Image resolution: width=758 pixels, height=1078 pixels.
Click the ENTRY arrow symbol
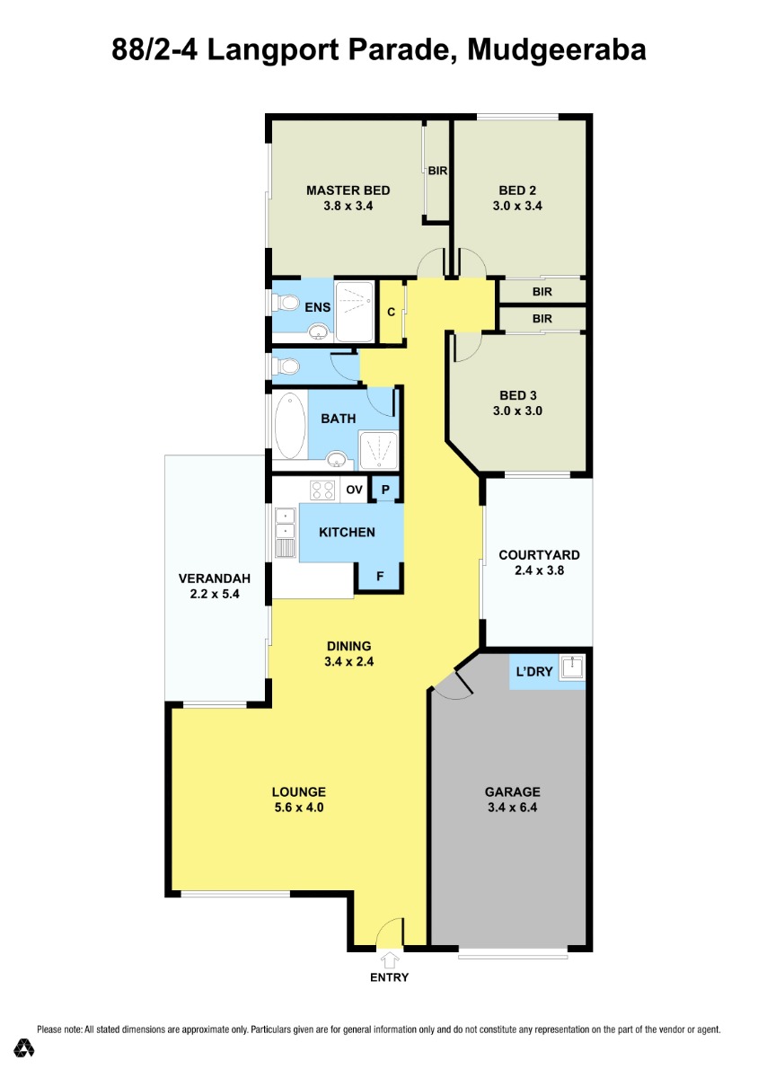point(390,960)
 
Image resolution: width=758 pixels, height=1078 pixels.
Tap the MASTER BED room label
point(348,190)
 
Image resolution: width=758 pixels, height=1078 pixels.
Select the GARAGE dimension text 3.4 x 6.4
point(512,808)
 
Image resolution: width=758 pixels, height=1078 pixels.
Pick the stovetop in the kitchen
point(322,490)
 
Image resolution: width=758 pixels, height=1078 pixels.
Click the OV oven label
point(354,490)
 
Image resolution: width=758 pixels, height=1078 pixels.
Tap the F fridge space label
point(380,576)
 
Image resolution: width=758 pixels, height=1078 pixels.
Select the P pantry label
point(385,490)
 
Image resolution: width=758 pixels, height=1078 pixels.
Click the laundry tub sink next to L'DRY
point(571,668)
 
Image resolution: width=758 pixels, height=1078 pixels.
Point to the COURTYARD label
point(539,555)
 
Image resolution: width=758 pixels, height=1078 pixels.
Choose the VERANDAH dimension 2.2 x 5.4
point(215,594)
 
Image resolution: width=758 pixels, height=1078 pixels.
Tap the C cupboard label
point(392,313)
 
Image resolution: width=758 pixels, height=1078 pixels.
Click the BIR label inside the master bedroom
point(437,171)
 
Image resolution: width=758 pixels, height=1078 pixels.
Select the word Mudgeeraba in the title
point(556,50)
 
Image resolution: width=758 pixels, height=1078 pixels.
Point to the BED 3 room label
point(518,395)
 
